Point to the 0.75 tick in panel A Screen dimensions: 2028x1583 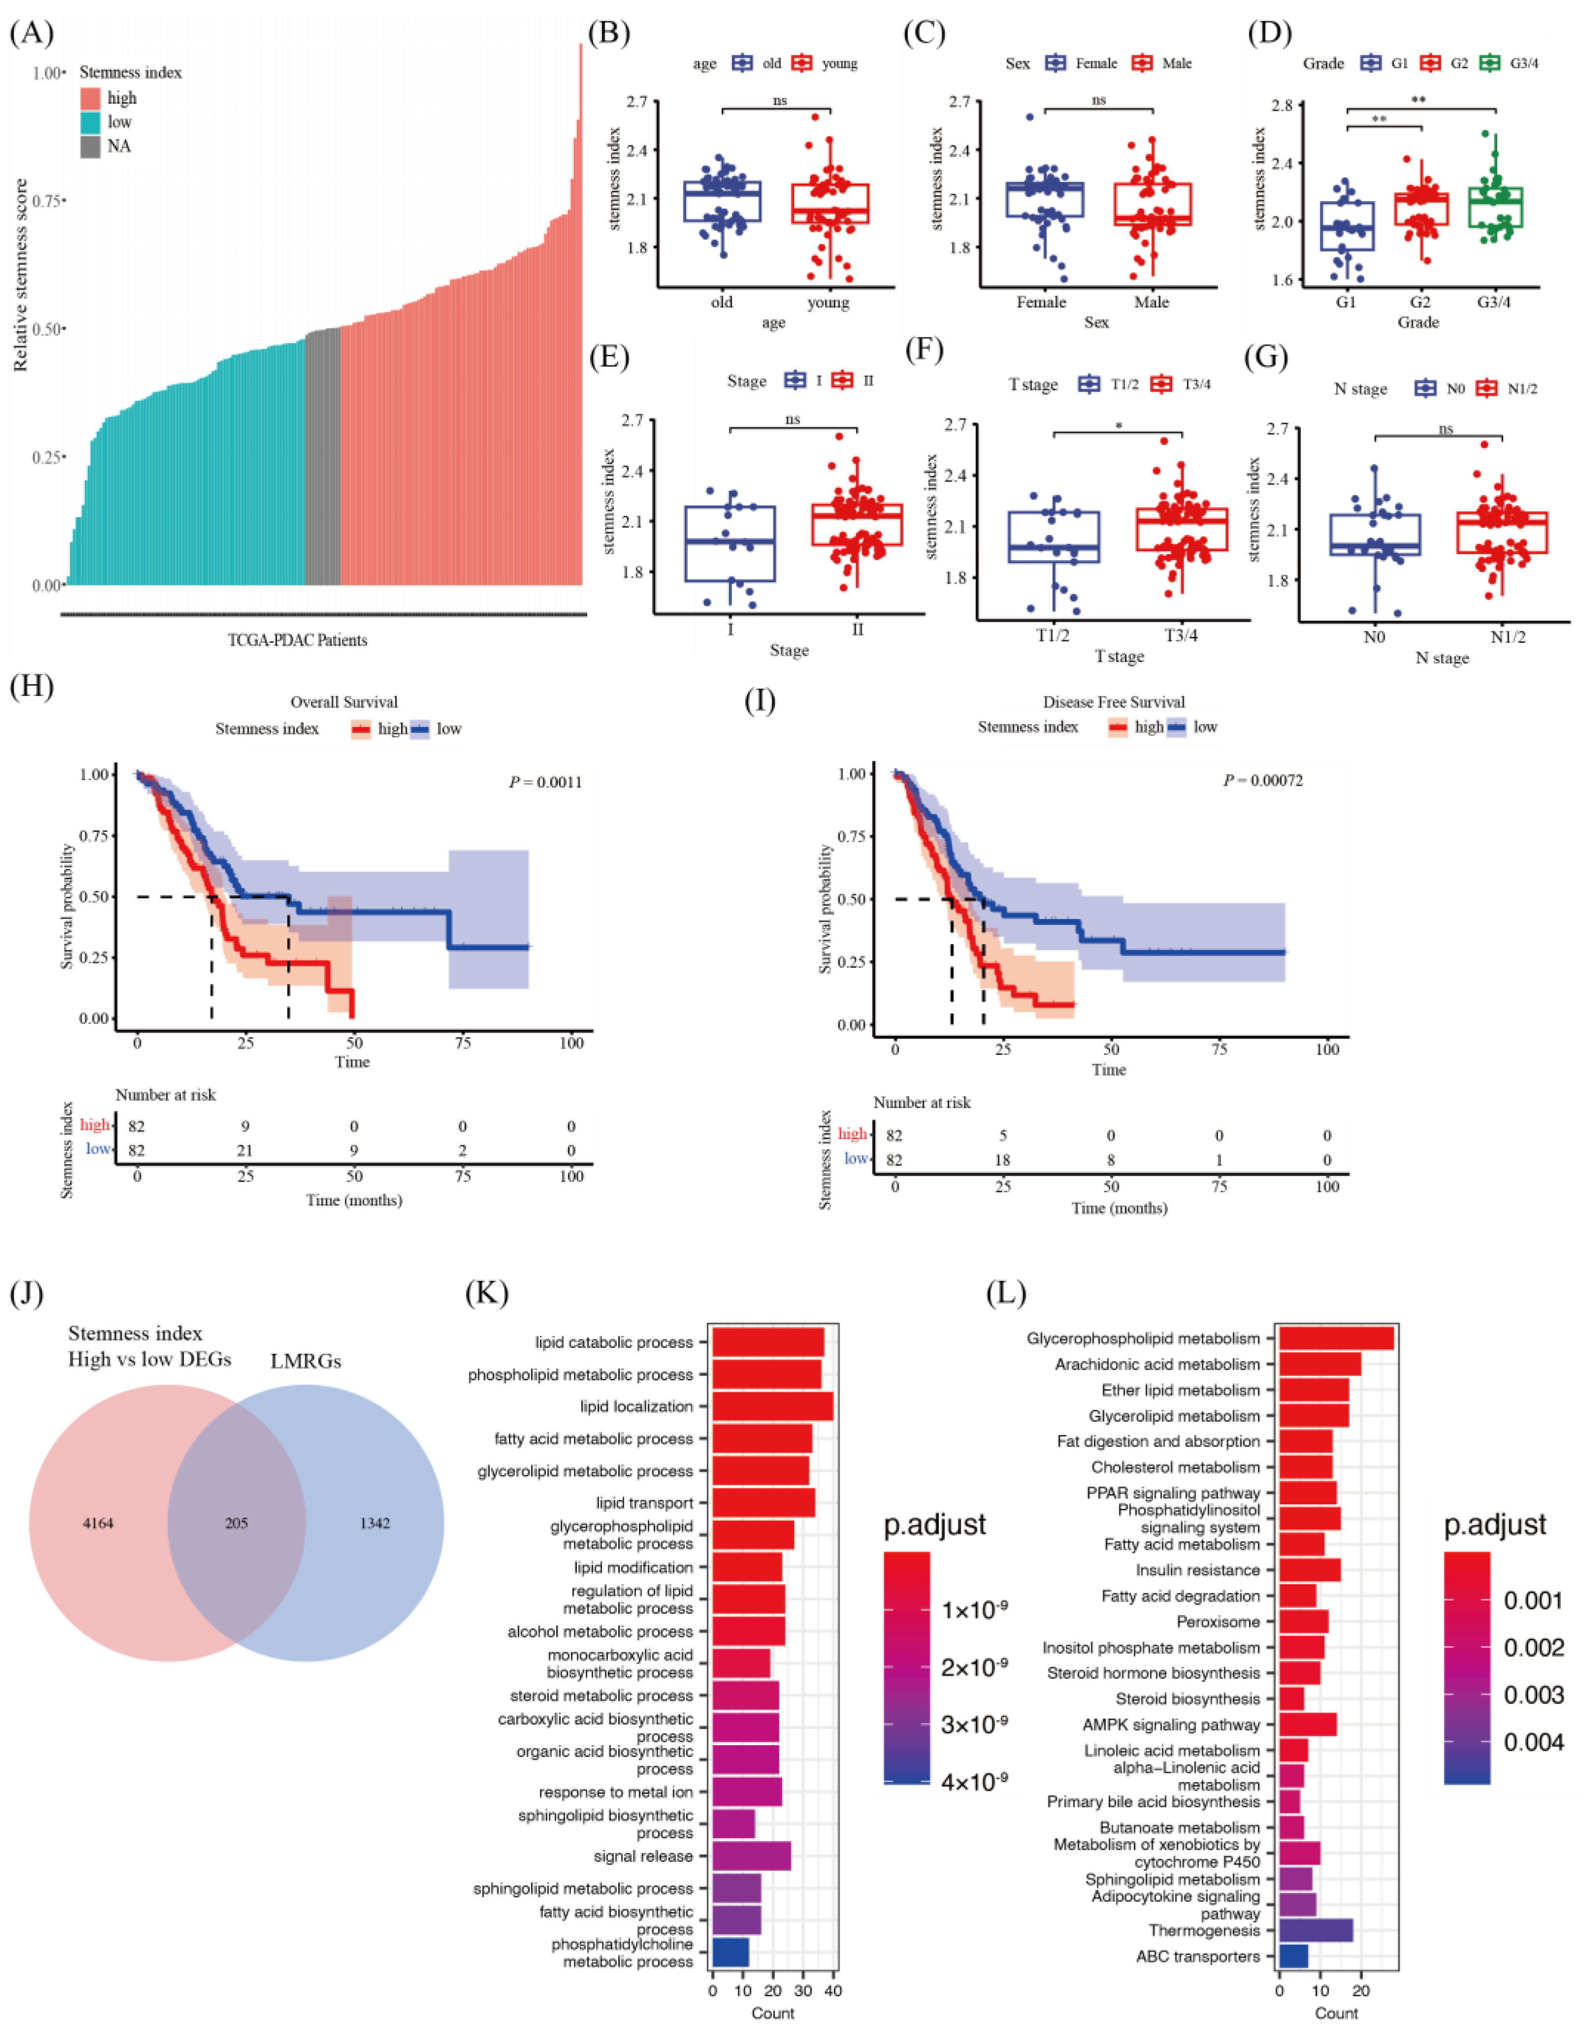45,200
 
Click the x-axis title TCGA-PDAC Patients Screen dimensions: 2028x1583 297,640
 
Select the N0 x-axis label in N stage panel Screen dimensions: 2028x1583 1374,637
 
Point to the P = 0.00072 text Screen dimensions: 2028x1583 1263,780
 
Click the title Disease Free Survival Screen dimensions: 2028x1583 1113,702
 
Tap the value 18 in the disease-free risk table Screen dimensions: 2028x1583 1003,1160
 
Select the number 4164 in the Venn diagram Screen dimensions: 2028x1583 97,1523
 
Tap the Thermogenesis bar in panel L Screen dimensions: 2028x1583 1316,1931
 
